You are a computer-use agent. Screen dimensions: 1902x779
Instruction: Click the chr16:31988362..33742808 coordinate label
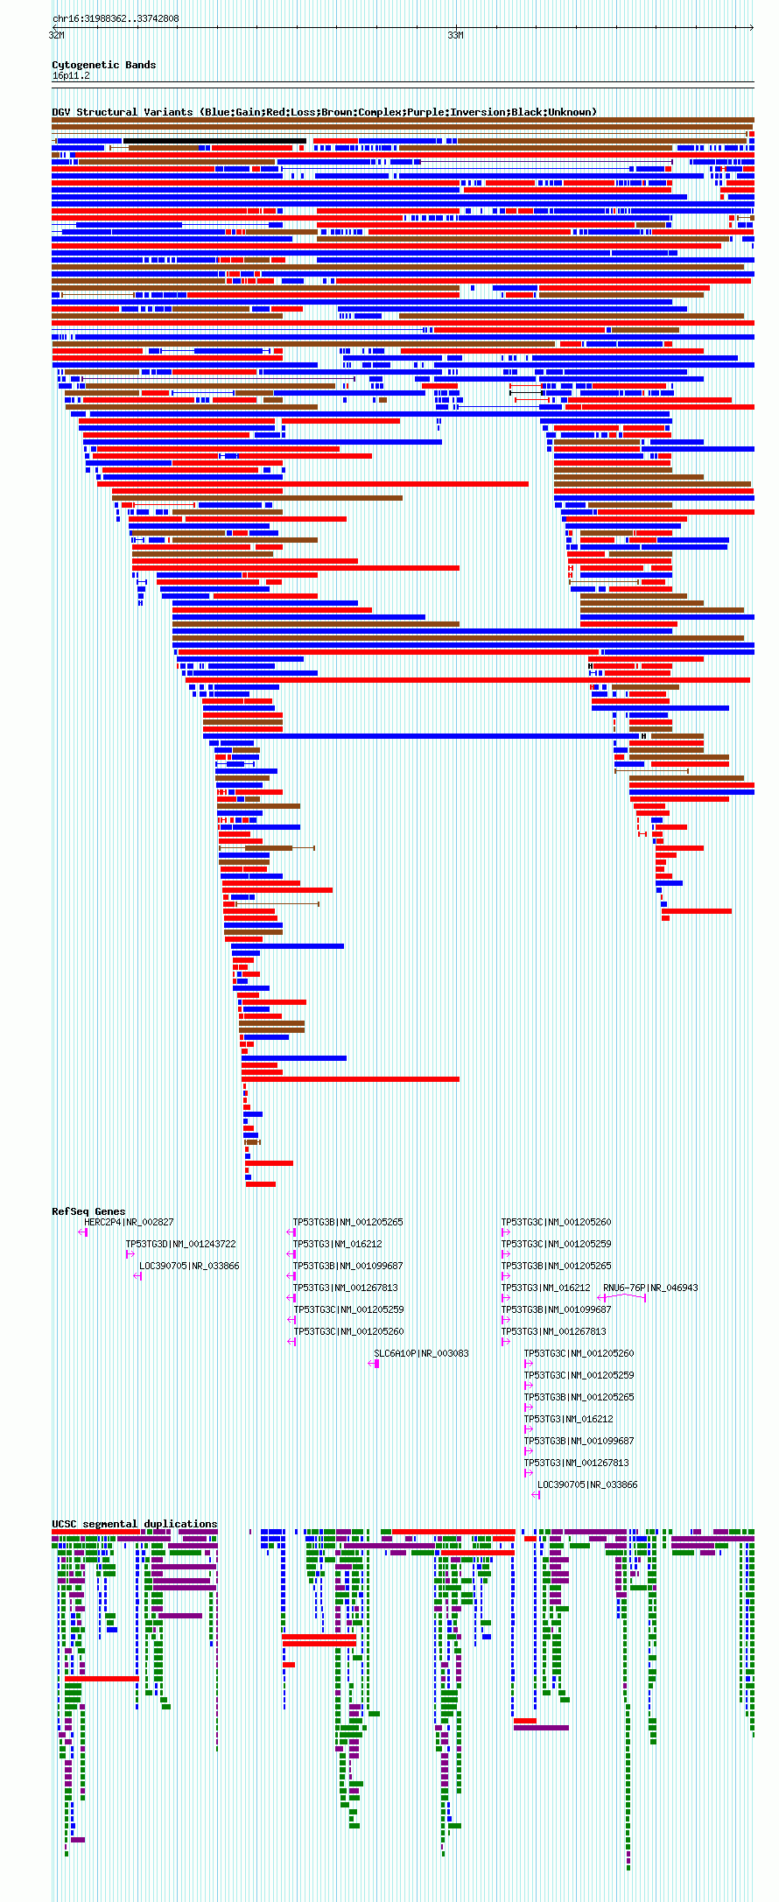click(116, 18)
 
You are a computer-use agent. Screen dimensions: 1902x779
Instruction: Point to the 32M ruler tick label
click(56, 35)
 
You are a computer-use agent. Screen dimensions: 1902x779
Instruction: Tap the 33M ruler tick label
click(455, 35)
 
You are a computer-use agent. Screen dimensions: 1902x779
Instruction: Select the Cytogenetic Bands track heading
click(103, 65)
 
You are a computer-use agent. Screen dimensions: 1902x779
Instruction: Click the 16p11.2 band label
click(71, 76)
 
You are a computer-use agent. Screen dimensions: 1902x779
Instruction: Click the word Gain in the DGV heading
click(248, 112)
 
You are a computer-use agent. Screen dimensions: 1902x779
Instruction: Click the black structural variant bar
click(214, 141)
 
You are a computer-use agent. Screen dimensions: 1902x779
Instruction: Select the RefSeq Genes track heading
click(88, 1211)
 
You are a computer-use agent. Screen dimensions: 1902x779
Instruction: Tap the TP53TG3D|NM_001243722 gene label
click(180, 1244)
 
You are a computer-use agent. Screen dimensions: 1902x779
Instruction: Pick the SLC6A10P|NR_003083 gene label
click(421, 1353)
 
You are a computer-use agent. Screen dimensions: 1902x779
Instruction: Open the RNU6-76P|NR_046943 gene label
click(650, 1288)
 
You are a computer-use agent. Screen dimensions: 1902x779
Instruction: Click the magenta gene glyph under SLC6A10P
click(375, 1364)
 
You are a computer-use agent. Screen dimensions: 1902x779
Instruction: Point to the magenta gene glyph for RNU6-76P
click(621, 1298)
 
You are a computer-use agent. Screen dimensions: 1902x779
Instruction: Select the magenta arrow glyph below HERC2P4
click(83, 1232)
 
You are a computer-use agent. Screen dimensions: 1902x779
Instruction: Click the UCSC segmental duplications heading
click(134, 1524)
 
